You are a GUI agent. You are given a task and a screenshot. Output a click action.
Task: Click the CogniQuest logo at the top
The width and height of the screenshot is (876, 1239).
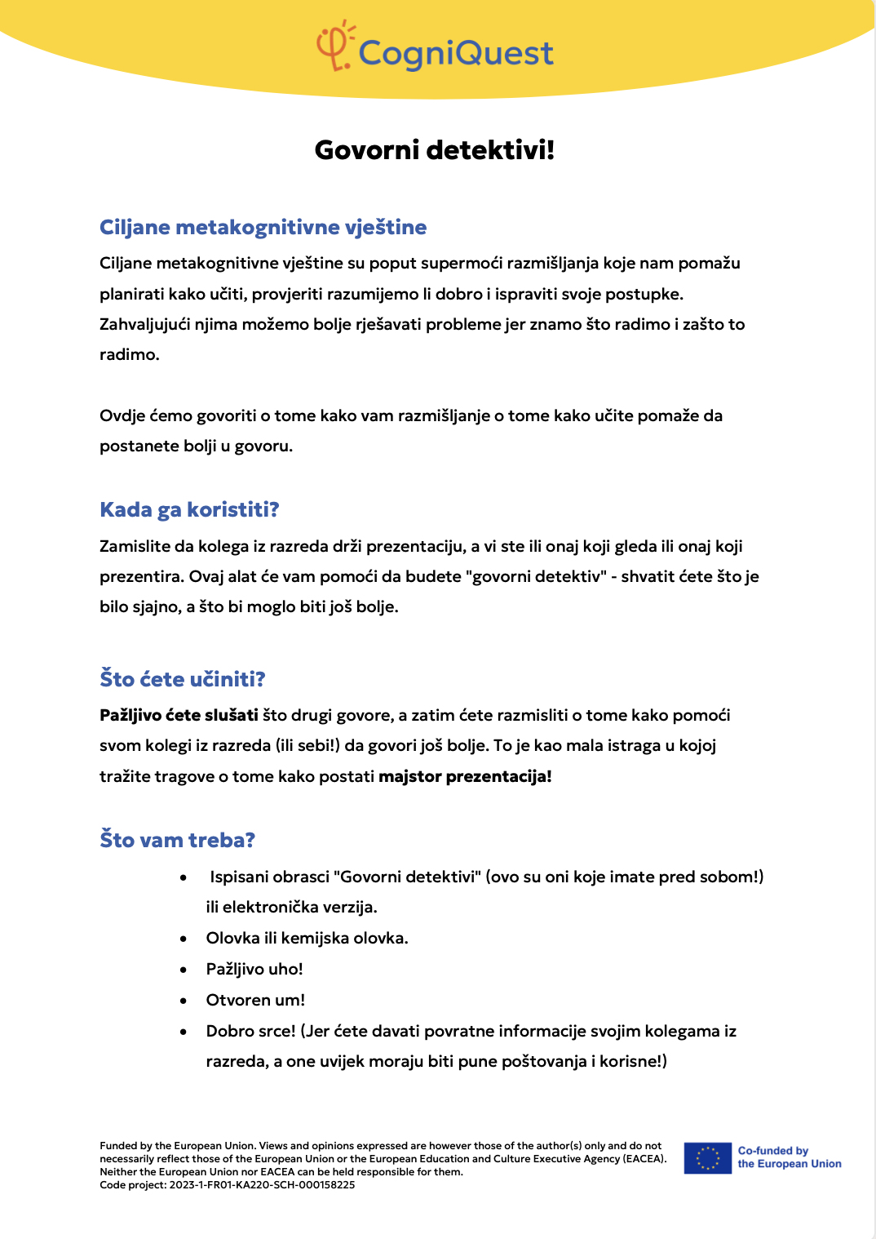pos(436,49)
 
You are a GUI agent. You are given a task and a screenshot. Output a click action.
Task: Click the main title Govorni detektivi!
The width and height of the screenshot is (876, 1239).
pos(435,150)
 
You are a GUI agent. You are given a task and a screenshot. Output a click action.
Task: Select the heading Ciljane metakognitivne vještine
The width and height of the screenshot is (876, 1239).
pos(263,227)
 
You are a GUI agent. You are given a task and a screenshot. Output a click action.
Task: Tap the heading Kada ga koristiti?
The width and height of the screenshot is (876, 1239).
pos(189,509)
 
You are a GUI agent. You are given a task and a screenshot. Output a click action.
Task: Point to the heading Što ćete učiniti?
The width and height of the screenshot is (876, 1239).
pos(183,679)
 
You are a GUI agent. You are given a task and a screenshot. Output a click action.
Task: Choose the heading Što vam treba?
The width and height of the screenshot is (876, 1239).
pos(177,840)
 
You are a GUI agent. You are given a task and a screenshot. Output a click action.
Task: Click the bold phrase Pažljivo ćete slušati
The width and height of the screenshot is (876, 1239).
pos(179,715)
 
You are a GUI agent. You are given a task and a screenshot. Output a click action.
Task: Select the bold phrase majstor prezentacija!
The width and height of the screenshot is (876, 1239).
pos(465,776)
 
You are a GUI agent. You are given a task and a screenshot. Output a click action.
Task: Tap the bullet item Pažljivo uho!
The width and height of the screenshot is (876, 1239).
pos(254,969)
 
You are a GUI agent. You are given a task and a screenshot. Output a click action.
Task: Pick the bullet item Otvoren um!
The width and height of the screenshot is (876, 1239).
pos(255,1000)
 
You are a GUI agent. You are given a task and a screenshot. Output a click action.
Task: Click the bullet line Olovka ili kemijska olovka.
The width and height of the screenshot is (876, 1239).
pos(307,938)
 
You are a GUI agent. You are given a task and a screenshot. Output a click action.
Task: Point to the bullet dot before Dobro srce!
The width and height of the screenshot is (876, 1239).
pos(184,1032)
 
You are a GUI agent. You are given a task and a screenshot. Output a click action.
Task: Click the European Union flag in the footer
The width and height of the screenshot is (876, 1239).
pos(708,1157)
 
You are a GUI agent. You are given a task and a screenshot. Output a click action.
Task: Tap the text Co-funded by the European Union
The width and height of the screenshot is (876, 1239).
pos(789,1157)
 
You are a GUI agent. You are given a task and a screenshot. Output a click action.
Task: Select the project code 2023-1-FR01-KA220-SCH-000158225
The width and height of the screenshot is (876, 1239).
pos(262,1185)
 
